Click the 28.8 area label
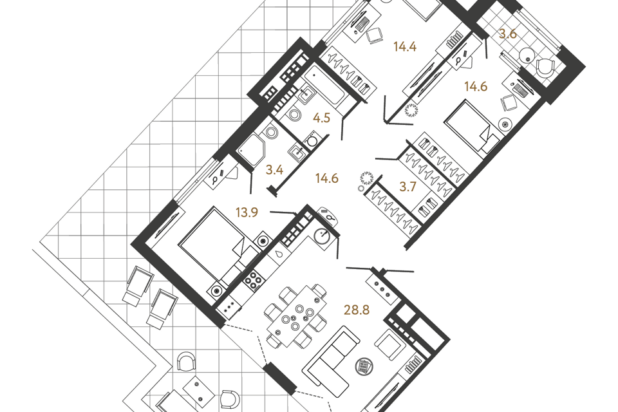[x=357, y=310]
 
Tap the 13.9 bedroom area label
[x=247, y=213]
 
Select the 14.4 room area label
[x=405, y=47]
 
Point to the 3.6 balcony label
[x=508, y=34]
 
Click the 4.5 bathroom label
[x=321, y=118]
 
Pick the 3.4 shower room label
[x=274, y=171]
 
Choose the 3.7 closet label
[x=407, y=187]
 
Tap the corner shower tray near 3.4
[x=252, y=150]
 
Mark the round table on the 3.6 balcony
[x=525, y=55]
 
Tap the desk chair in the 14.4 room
[x=375, y=35]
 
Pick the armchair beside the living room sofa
[x=390, y=345]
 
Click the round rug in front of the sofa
[x=364, y=367]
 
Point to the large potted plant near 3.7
[x=366, y=178]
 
